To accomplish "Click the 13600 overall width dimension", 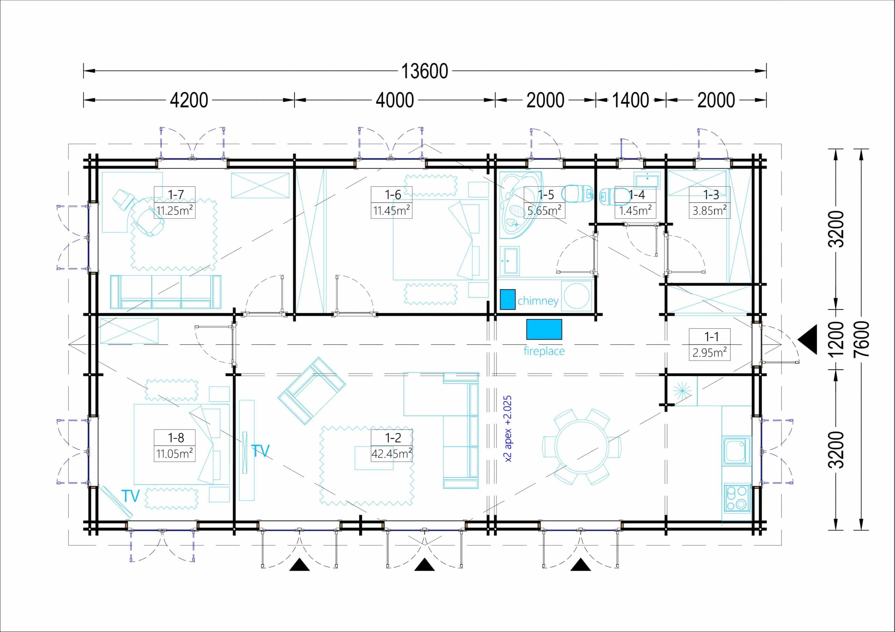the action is pyautogui.click(x=424, y=71).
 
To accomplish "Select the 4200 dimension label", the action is pyautogui.click(x=189, y=100).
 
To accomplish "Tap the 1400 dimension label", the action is pyautogui.click(x=630, y=100).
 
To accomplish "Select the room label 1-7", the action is pyautogui.click(x=176, y=195).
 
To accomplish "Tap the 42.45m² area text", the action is pyautogui.click(x=392, y=453).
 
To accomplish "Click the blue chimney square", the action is pyautogui.click(x=508, y=299).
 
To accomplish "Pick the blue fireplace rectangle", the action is pyautogui.click(x=544, y=329).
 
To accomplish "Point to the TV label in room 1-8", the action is pyautogui.click(x=131, y=496).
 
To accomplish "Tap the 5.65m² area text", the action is pyautogui.click(x=544, y=210).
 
